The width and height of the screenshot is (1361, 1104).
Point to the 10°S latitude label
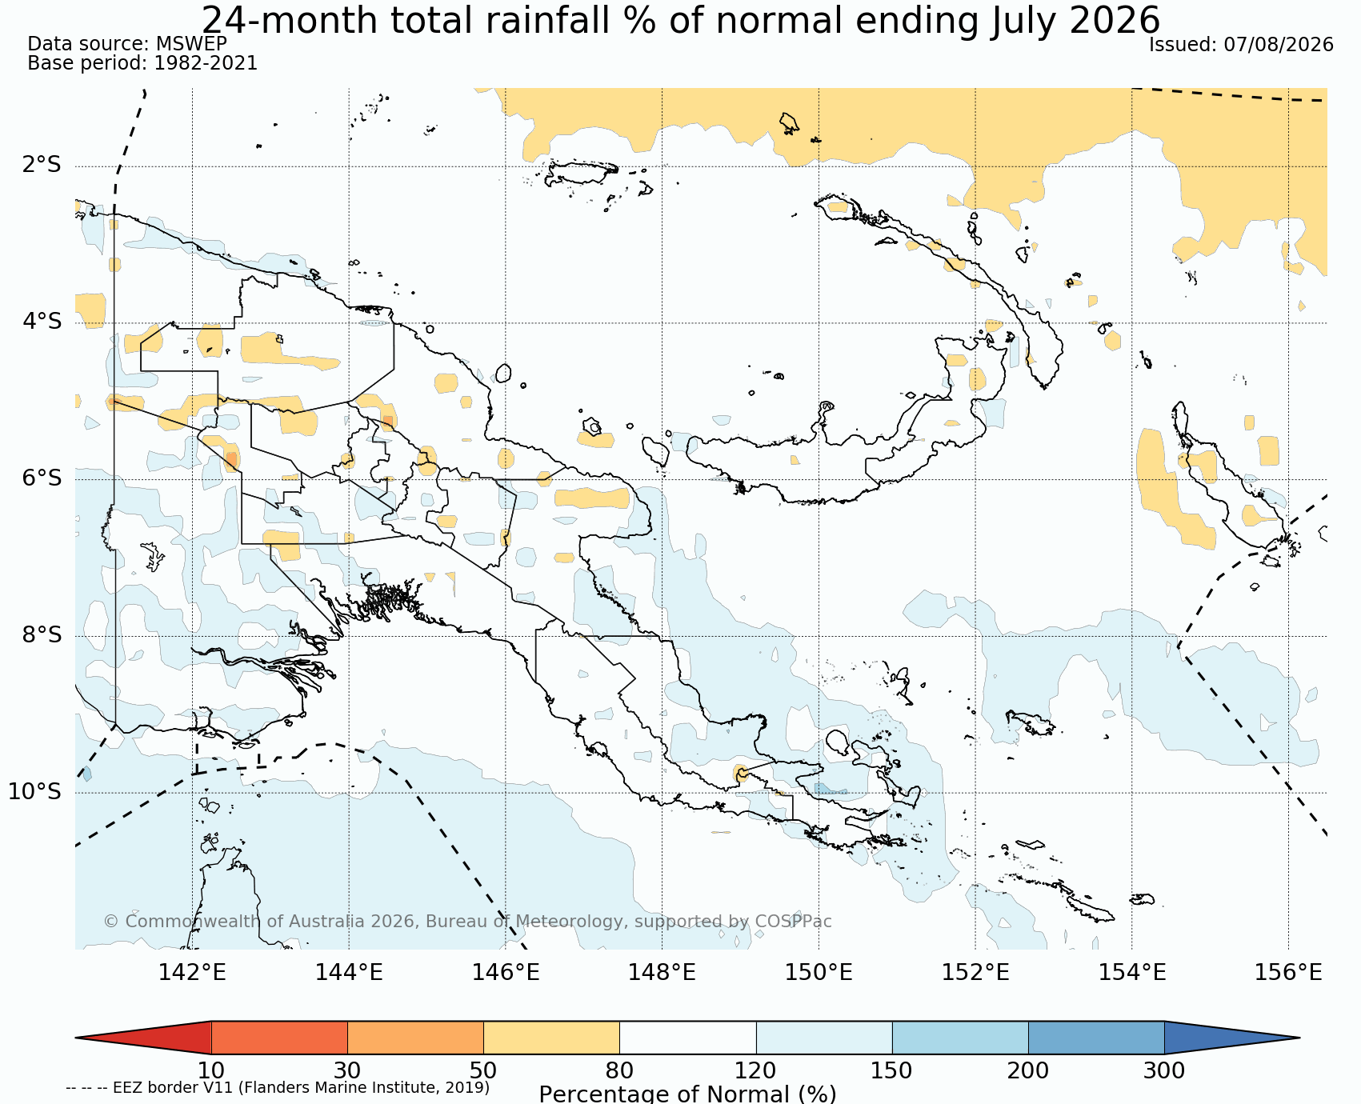click(35, 792)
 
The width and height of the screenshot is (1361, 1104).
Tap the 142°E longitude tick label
click(192, 973)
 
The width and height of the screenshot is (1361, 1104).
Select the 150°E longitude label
click(819, 973)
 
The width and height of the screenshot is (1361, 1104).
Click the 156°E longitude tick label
click(1288, 973)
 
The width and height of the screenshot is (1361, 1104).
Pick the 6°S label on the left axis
click(42, 478)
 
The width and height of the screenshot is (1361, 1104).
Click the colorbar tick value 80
click(619, 1070)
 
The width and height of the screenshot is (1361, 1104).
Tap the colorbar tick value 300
click(1164, 1070)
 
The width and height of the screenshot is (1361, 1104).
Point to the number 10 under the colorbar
click(211, 1070)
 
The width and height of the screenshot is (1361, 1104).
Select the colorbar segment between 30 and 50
click(415, 1038)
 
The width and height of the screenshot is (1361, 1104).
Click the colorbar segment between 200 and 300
click(1096, 1038)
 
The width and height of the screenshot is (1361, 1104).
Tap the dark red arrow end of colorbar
click(144, 1038)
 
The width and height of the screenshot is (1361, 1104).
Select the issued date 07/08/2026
click(1279, 45)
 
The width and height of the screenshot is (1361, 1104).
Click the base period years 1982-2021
click(206, 63)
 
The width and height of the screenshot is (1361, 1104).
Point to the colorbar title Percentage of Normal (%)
click(687, 1094)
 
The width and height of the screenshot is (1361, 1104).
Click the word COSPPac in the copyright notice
click(791, 922)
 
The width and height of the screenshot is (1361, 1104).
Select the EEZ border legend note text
click(278, 1088)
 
